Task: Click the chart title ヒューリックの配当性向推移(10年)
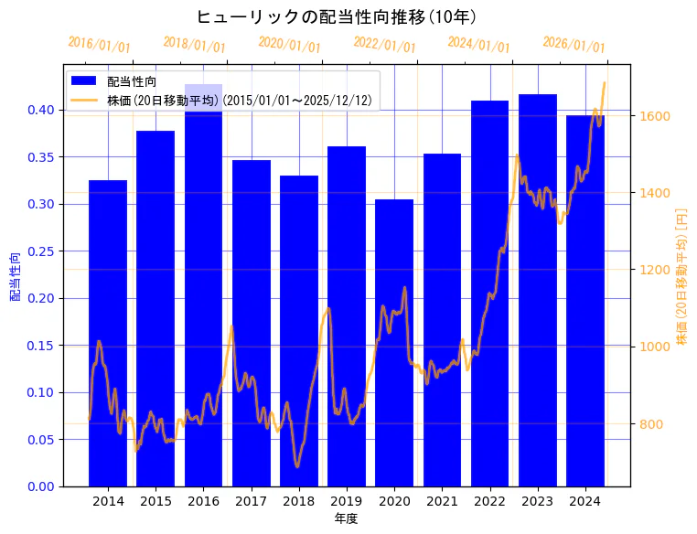pyautogui.click(x=336, y=16)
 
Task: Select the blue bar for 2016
pyautogui.click(x=203, y=293)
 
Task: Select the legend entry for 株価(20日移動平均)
pyautogui.click(x=239, y=100)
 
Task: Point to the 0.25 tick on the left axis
pyautogui.click(x=41, y=251)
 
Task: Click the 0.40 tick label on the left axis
pyautogui.click(x=41, y=110)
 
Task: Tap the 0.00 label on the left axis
pyautogui.click(x=41, y=486)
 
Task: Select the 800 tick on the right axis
pyautogui.click(x=651, y=424)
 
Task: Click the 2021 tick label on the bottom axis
pyautogui.click(x=442, y=501)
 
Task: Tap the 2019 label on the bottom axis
pyautogui.click(x=347, y=501)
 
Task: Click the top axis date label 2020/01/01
pyautogui.click(x=289, y=44)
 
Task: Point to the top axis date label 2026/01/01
pyautogui.click(x=574, y=44)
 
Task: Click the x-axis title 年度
pyautogui.click(x=346, y=518)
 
